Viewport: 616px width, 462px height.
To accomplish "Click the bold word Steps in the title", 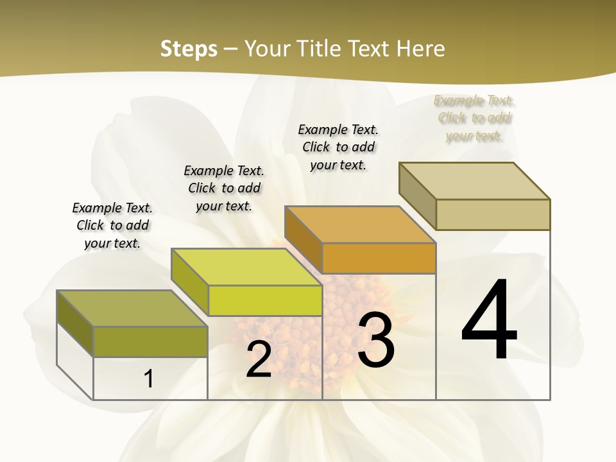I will (x=189, y=49).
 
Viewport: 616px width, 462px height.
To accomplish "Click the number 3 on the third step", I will (x=375, y=339).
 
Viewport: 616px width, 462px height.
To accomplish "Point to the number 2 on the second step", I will (x=259, y=359).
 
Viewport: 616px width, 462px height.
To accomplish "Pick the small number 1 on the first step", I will (x=149, y=379).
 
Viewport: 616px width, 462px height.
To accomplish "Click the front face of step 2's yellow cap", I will (x=265, y=300).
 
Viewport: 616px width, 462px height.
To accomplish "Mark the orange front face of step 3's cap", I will (x=379, y=258).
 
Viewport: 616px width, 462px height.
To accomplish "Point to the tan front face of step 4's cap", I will (x=493, y=214).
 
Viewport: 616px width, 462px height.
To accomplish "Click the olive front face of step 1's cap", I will (x=150, y=341).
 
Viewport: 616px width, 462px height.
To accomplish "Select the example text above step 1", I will (x=112, y=225).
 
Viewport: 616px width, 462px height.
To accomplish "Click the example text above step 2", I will (x=224, y=188).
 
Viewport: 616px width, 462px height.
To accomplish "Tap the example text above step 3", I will (x=338, y=147).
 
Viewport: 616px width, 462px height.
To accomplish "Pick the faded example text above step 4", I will (x=474, y=118).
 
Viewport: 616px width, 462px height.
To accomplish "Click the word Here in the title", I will (x=421, y=49).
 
